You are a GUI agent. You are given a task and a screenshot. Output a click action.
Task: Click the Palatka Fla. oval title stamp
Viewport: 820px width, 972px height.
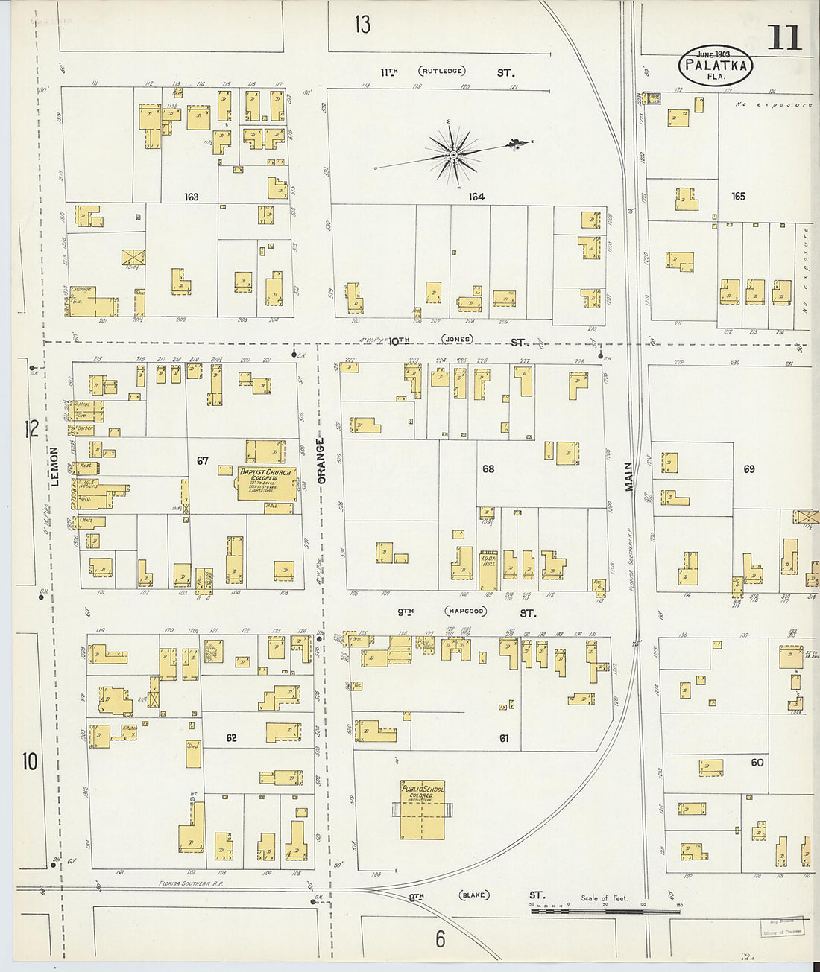(x=716, y=66)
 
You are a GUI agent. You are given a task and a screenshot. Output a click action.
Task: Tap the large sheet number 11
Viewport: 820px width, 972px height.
(x=783, y=38)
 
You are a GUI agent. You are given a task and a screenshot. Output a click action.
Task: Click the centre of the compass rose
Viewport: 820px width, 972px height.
(x=452, y=155)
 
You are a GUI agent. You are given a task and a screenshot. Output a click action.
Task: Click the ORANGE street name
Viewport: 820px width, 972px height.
(x=321, y=461)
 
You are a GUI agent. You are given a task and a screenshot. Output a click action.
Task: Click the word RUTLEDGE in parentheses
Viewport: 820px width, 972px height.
(x=442, y=72)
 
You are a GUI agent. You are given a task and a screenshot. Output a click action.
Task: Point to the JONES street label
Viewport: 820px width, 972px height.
(x=457, y=339)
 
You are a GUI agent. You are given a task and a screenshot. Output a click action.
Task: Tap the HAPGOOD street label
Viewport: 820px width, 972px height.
(x=465, y=612)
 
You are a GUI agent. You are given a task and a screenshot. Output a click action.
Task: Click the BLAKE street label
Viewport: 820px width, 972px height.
(x=473, y=895)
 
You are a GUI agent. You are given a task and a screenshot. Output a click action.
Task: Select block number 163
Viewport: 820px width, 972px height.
(x=192, y=197)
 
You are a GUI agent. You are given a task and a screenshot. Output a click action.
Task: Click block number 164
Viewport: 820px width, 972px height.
(x=476, y=197)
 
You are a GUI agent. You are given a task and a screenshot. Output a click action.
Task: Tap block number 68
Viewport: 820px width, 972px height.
(x=488, y=469)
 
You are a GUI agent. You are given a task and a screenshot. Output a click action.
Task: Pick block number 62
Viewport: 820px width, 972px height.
(x=231, y=737)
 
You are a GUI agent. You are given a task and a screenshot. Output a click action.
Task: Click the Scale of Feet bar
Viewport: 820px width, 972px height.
(x=605, y=909)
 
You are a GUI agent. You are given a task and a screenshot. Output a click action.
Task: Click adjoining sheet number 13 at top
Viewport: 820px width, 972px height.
(x=362, y=25)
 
